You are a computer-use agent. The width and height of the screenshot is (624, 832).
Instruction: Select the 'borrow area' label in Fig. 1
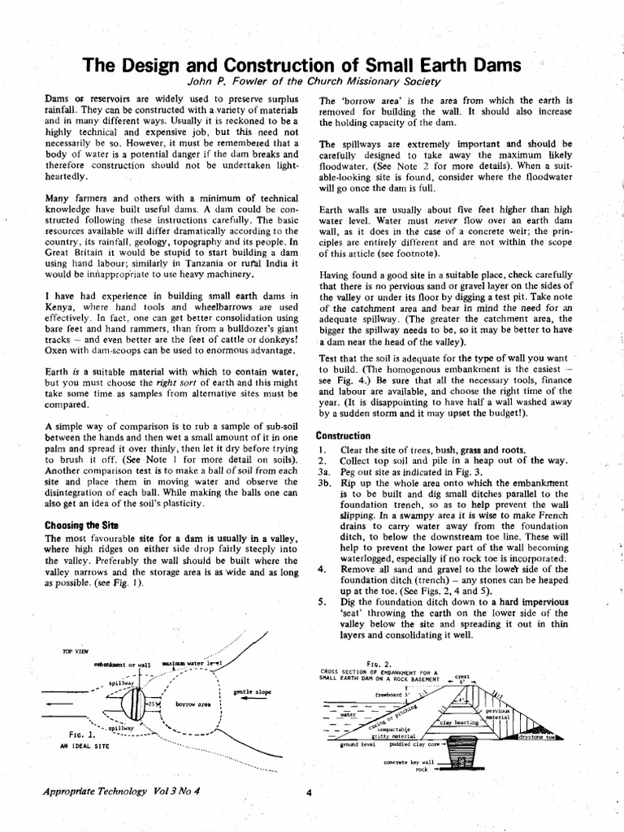click(193, 704)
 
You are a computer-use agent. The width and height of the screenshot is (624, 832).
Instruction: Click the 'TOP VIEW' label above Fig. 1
click(75, 651)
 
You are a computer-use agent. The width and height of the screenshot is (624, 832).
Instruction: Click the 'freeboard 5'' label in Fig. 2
click(390, 695)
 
